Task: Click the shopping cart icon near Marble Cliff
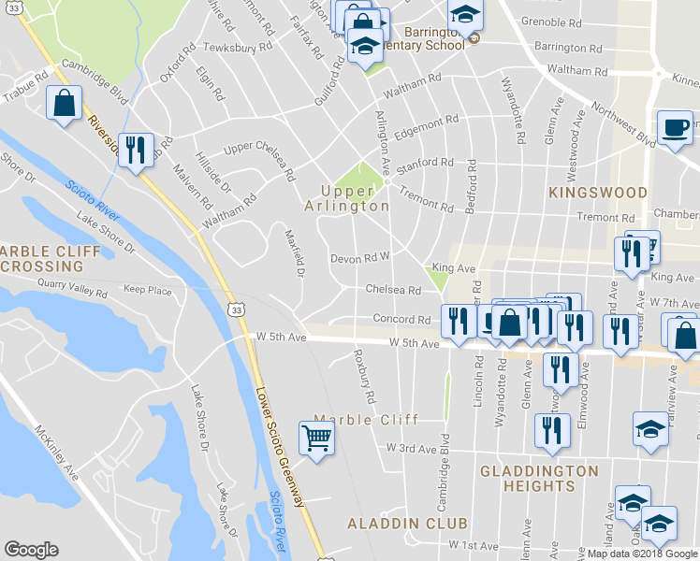click(317, 437)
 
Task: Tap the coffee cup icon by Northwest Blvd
click(675, 127)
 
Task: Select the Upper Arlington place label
click(347, 197)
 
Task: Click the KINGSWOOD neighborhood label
click(598, 193)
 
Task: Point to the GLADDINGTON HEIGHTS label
click(539, 479)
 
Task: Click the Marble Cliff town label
click(366, 419)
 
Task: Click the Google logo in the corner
click(31, 550)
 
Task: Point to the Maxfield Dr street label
click(295, 253)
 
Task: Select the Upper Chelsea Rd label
click(259, 160)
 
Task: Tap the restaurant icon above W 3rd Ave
click(551, 430)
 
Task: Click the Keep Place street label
click(148, 291)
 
